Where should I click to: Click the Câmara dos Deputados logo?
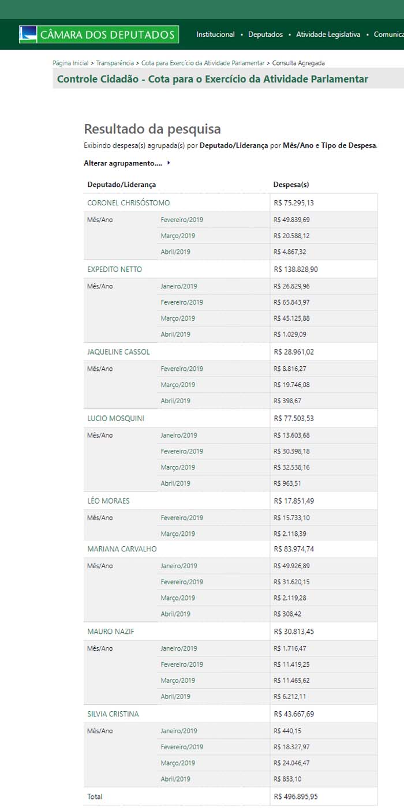pos(99,35)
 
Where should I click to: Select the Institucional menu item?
pos(215,35)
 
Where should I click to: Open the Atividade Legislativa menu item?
pos(328,35)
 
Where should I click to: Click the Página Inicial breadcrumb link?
pos(70,63)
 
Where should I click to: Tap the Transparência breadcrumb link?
pos(115,63)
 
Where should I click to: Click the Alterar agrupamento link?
pos(123,163)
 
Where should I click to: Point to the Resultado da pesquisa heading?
pos(152,129)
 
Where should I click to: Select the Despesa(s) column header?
pos(291,185)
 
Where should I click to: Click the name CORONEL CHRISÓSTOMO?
pos(128,203)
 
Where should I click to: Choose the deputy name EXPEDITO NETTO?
pos(114,269)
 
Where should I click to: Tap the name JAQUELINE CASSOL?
pos(118,352)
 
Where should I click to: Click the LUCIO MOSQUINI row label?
pos(115,418)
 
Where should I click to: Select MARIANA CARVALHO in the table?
pos(122,549)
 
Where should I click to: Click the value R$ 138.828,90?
pos(295,269)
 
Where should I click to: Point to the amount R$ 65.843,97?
pos(291,302)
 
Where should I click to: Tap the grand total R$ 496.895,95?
pos(295,797)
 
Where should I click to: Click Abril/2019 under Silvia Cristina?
pos(175,779)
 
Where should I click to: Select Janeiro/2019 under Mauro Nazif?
pos(178,648)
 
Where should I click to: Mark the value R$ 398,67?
pos(288,401)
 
